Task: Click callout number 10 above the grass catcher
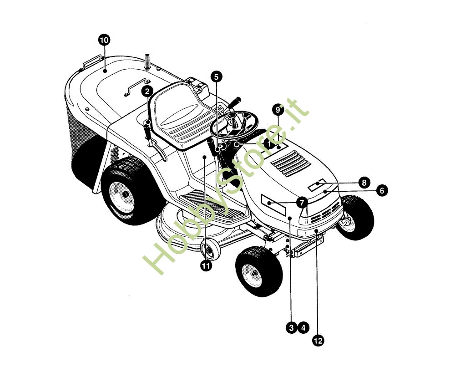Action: [x=104, y=40]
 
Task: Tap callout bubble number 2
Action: [x=147, y=91]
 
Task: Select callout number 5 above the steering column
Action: [x=216, y=76]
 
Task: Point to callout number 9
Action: [x=278, y=110]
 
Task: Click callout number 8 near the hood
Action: [x=364, y=183]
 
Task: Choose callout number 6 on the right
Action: [x=382, y=190]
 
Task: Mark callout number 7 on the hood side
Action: [x=302, y=202]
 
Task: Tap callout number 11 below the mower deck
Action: [x=206, y=266]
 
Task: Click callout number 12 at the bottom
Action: [x=318, y=341]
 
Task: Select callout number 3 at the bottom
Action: [x=291, y=328]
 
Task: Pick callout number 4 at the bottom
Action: [x=303, y=328]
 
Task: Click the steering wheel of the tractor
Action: [x=234, y=126]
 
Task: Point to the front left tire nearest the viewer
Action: [x=259, y=271]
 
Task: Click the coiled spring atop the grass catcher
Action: [x=148, y=61]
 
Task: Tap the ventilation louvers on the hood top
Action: [x=291, y=164]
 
